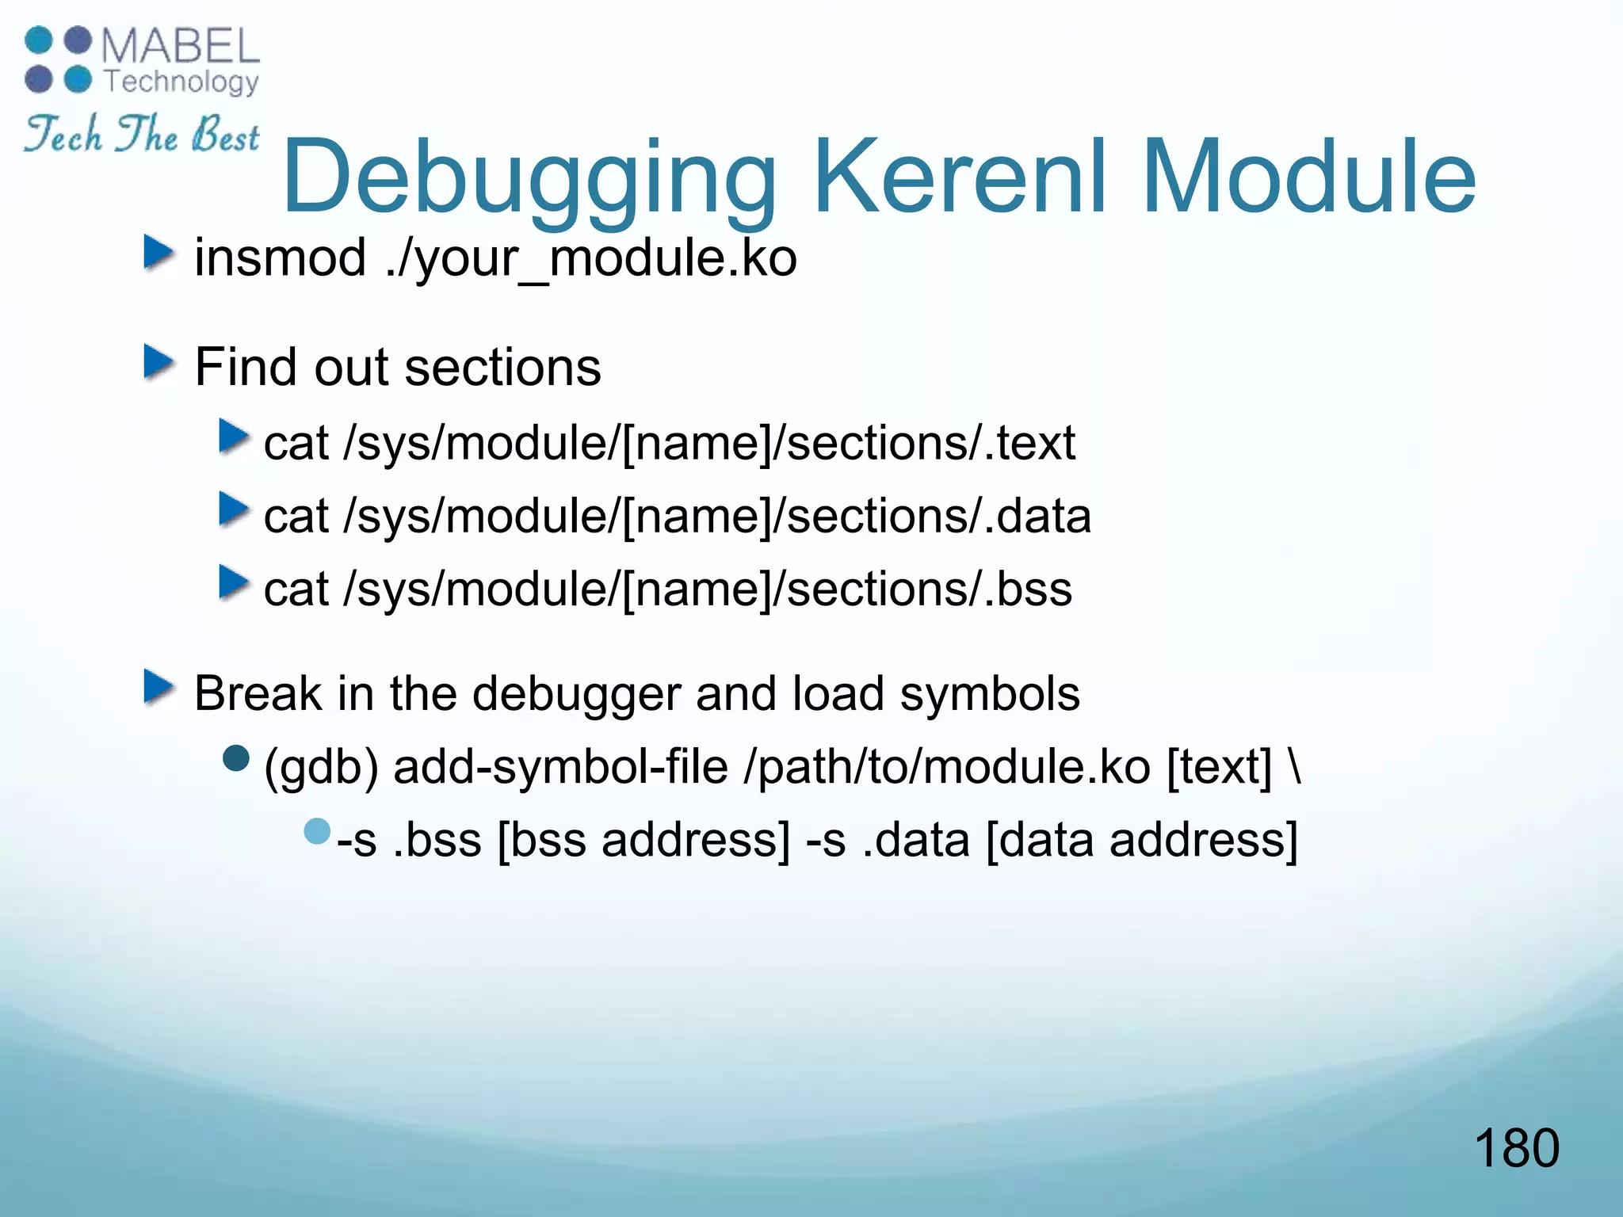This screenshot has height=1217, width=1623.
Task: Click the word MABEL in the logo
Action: (x=181, y=46)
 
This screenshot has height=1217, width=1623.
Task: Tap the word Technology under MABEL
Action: (x=181, y=82)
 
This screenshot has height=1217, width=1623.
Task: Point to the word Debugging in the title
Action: (x=529, y=177)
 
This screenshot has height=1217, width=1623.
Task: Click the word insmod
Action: (x=280, y=258)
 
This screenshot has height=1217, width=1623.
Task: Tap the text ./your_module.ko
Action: (x=591, y=259)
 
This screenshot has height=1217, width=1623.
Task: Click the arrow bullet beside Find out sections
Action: (x=158, y=364)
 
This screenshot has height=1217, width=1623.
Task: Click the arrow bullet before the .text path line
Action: (x=233, y=437)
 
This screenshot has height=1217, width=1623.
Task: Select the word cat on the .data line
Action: (x=296, y=517)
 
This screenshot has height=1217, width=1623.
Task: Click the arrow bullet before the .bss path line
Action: (x=233, y=583)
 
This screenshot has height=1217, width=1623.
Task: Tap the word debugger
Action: (x=576, y=694)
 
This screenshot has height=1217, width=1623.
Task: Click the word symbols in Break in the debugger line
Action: (x=990, y=694)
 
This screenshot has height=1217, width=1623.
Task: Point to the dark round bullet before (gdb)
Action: (x=236, y=759)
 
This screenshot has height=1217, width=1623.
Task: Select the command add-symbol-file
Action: (x=560, y=767)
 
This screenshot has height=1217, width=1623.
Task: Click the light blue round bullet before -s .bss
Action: (x=317, y=832)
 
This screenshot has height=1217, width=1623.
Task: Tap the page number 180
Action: (x=1516, y=1148)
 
